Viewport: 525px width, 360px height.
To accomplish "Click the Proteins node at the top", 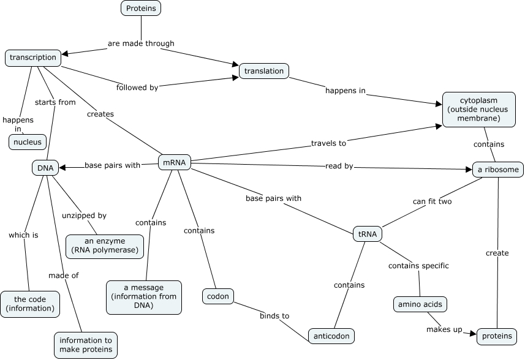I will click(x=142, y=8).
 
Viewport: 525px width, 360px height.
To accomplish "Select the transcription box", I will click(x=33, y=58).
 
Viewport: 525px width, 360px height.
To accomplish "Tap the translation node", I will click(x=263, y=71).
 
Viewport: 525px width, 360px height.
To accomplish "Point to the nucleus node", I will click(x=28, y=142).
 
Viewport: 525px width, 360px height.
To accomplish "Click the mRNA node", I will click(x=175, y=162).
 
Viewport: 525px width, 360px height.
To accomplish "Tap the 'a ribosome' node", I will click(x=498, y=169).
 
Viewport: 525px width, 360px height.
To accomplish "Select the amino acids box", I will click(x=419, y=304).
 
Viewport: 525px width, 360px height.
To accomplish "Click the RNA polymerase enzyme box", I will click(x=105, y=246).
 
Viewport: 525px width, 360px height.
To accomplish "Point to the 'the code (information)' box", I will click(x=30, y=304).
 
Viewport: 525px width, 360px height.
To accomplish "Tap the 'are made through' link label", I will click(x=141, y=43).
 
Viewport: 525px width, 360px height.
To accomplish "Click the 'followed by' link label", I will click(x=137, y=88).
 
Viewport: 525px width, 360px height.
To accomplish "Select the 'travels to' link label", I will click(x=328, y=143).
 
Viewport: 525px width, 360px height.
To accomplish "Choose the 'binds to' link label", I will click(x=274, y=316).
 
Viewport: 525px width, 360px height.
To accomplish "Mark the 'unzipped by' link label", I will click(x=84, y=216).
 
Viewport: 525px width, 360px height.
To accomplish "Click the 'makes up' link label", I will click(x=444, y=329).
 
